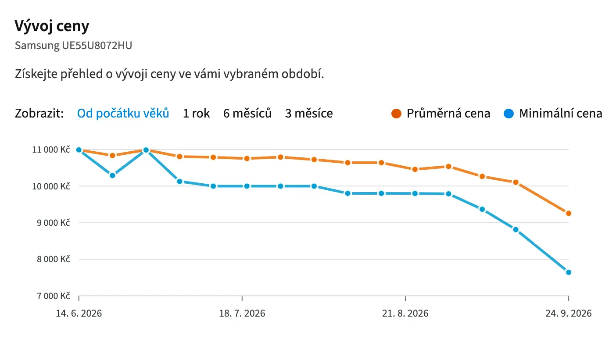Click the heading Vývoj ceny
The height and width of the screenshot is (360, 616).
click(x=52, y=26)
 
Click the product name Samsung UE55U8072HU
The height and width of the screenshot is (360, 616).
click(x=73, y=45)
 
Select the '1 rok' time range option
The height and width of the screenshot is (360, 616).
click(x=197, y=113)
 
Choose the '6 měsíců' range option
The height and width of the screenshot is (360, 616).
click(x=247, y=113)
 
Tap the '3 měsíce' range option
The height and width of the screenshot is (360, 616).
click(x=309, y=113)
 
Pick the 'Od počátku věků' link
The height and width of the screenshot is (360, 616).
click(x=123, y=113)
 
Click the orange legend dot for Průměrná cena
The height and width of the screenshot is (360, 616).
click(x=396, y=114)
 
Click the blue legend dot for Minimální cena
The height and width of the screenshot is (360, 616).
click(x=509, y=114)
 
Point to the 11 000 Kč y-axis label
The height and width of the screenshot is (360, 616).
click(x=51, y=150)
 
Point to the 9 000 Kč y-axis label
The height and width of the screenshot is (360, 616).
click(x=54, y=223)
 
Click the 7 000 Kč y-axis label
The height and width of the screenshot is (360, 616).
click(x=54, y=296)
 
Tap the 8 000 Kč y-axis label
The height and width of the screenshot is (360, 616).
click(x=54, y=259)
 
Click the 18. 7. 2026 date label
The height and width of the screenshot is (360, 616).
click(x=242, y=313)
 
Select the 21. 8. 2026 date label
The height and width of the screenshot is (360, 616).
click(x=405, y=313)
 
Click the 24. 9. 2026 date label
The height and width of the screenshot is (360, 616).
click(x=569, y=313)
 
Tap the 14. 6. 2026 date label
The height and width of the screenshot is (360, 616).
click(x=79, y=313)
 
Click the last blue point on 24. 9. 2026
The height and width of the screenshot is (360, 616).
click(x=569, y=272)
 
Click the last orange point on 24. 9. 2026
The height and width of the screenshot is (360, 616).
click(x=569, y=213)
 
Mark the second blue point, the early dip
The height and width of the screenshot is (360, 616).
click(x=112, y=175)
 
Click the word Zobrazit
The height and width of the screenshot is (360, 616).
click(x=39, y=113)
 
